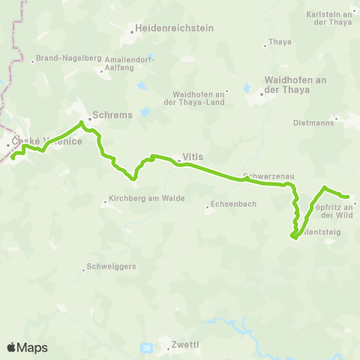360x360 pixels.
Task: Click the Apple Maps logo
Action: tap(27, 347)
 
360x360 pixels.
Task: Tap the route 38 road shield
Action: tap(145, 348)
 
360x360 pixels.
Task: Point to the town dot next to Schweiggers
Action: tap(82, 265)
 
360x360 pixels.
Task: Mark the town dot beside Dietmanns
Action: tap(337, 118)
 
